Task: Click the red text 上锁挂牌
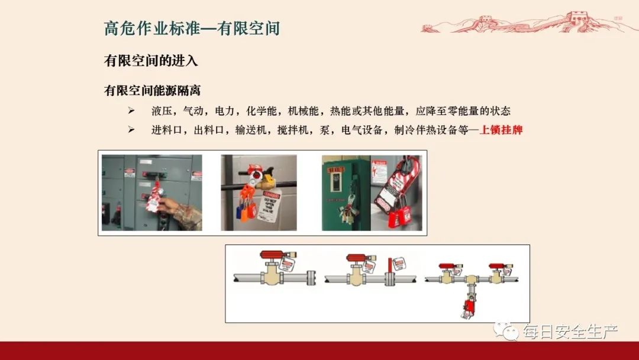coord(501,130)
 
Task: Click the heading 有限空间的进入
coord(150,60)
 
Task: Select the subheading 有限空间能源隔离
coord(152,91)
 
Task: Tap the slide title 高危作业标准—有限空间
coord(191,28)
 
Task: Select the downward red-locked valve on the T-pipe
coord(471,303)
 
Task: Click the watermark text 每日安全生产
coord(569,332)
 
